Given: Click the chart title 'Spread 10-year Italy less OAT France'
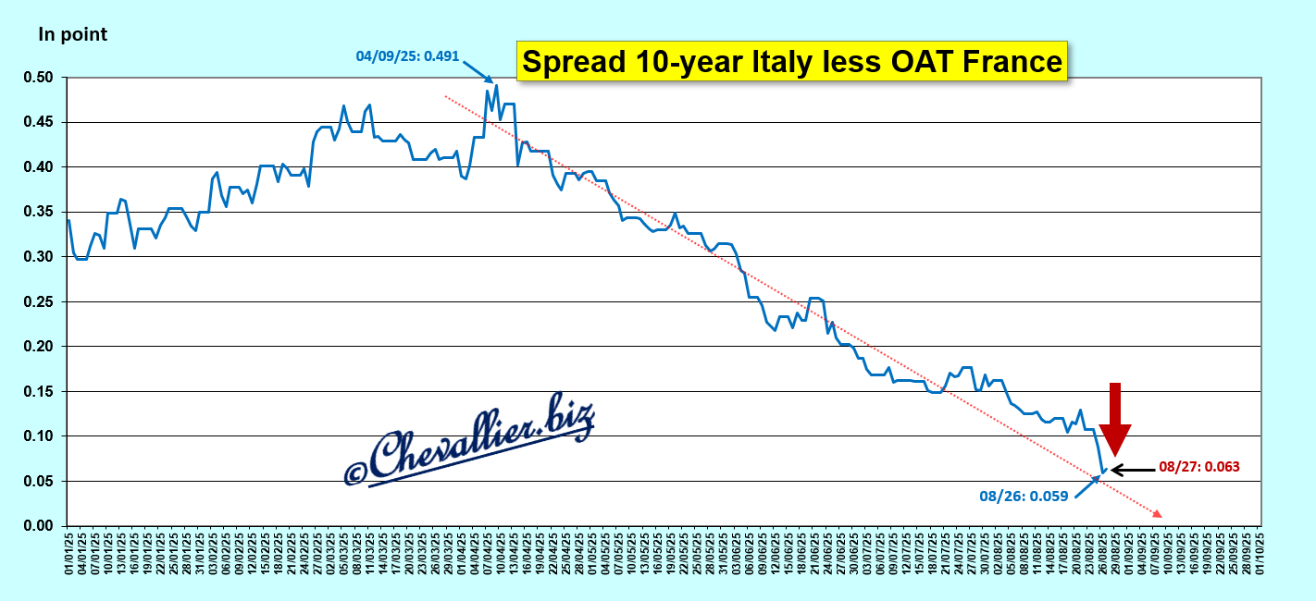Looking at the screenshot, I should click(791, 62).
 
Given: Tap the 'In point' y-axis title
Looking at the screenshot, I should click(72, 35).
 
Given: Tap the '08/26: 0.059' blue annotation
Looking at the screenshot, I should click(1024, 496).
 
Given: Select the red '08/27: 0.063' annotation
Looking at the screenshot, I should click(1198, 467).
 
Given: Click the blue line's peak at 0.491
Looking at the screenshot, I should click(496, 86).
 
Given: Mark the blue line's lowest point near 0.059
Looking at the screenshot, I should click(1101, 473).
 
